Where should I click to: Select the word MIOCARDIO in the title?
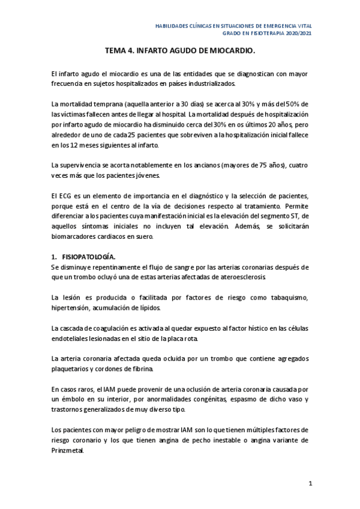coord(232,51)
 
